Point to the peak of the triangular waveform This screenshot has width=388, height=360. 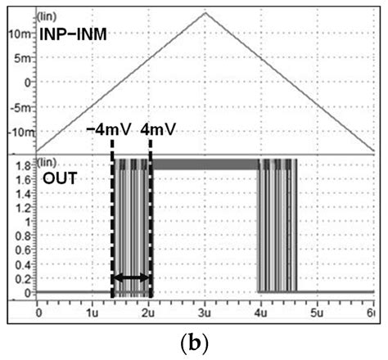[x=205, y=11]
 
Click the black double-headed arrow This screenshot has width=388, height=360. [x=131, y=280]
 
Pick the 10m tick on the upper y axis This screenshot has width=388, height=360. [x=20, y=33]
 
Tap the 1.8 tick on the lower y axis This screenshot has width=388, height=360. [x=23, y=165]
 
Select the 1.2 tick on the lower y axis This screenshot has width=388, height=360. [x=23, y=207]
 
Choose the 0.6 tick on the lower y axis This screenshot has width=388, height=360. [x=23, y=250]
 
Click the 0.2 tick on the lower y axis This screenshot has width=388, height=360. [x=23, y=278]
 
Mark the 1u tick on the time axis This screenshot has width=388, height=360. [x=93, y=312]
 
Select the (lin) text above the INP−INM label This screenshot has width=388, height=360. [x=47, y=16]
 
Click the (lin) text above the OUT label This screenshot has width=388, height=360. [x=47, y=160]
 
